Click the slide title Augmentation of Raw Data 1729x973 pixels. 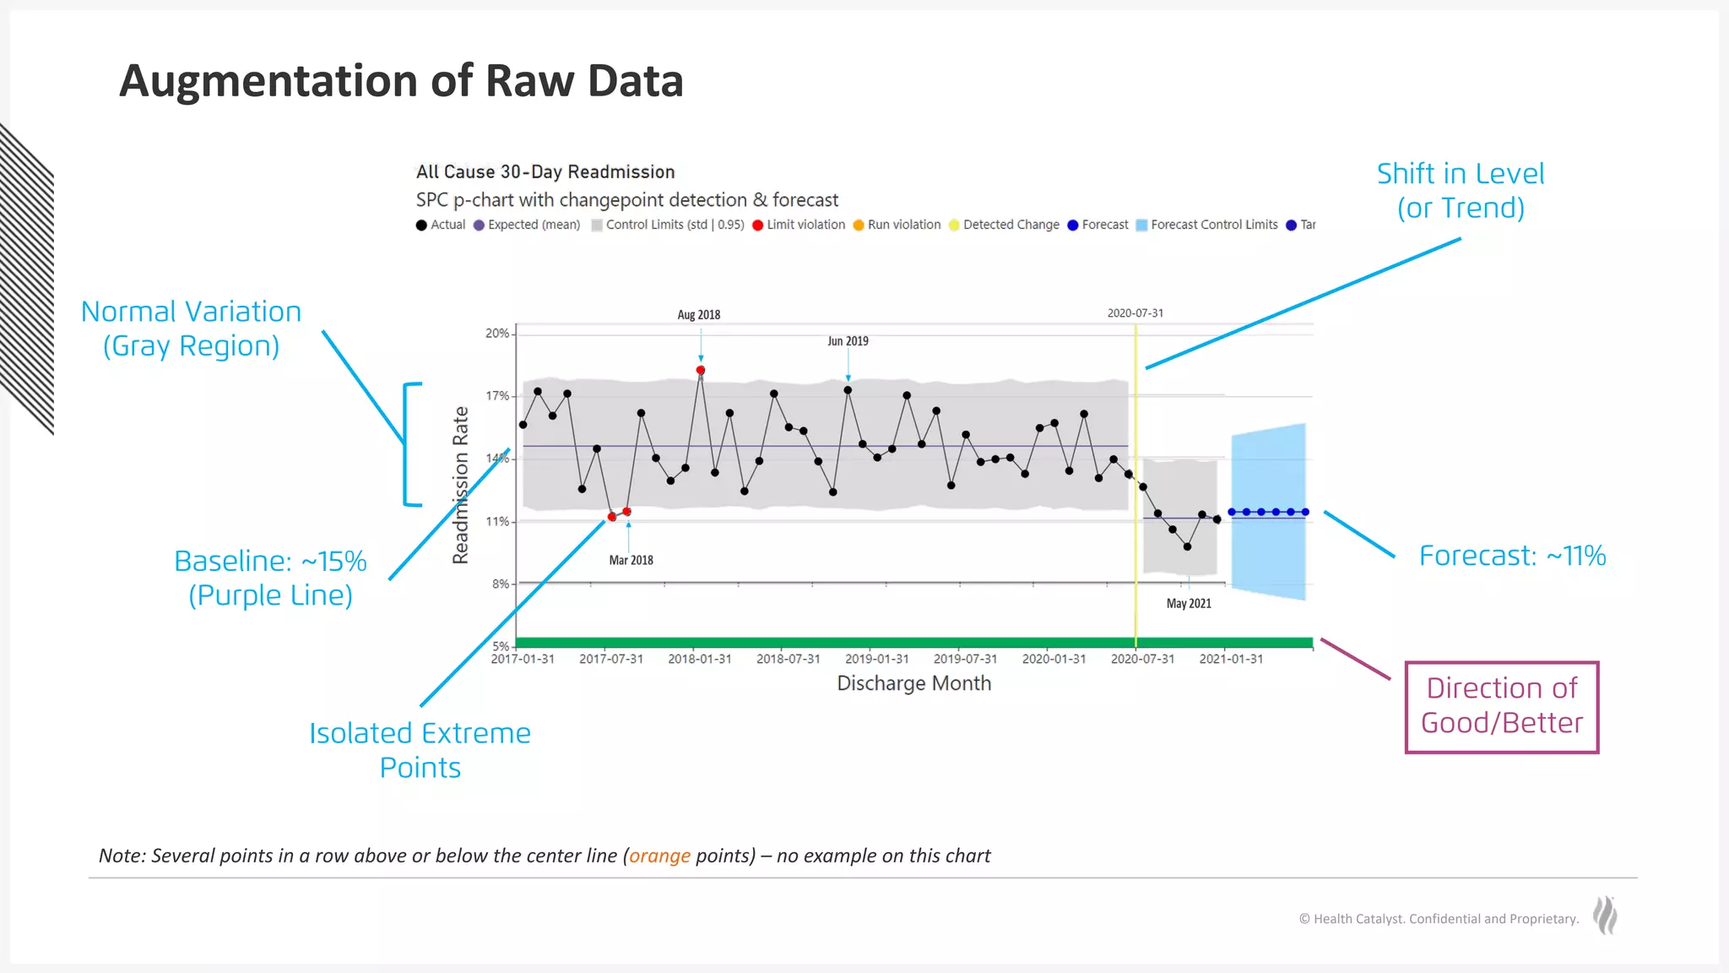coord(401,81)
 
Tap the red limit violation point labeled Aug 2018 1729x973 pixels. coord(701,370)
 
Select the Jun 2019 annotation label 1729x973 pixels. coord(848,341)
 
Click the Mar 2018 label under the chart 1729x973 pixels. coord(631,560)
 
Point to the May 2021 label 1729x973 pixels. coord(1189,603)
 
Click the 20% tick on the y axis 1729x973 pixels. coord(497,334)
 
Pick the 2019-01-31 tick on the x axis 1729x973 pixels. coord(876,659)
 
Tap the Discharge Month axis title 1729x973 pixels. coord(913,683)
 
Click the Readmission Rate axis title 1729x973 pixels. coord(460,485)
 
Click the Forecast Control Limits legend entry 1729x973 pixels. coord(1207,225)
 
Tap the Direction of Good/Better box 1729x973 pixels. coord(1501,706)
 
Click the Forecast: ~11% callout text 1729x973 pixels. coord(1512,556)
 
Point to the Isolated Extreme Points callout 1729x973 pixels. coord(420,750)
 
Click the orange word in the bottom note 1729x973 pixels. coord(659,856)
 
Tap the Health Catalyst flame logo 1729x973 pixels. coord(1605,916)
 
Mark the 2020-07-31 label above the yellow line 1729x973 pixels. coord(1135,313)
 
